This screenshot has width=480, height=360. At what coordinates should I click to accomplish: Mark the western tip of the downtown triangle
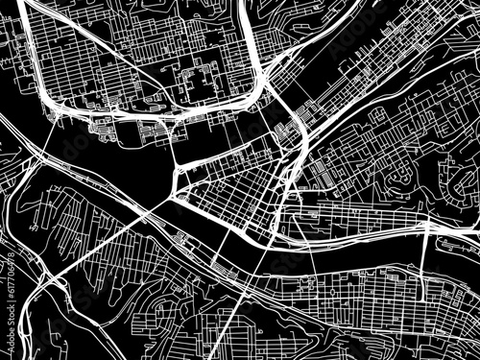point(173,197)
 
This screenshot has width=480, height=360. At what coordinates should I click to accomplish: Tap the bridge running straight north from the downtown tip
point(174,154)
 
